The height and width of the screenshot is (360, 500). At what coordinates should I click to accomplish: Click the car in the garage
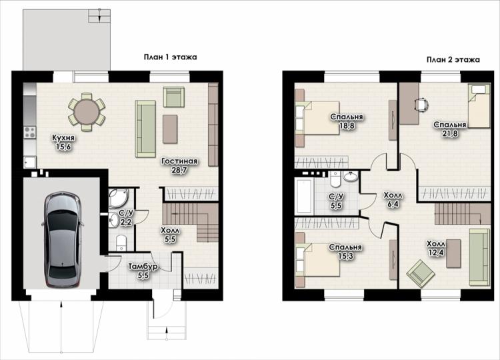(62, 239)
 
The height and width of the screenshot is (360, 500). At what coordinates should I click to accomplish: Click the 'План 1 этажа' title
(170, 57)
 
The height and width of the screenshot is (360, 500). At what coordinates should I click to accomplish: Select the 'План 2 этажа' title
(453, 59)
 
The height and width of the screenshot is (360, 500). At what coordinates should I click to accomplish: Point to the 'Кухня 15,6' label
(63, 143)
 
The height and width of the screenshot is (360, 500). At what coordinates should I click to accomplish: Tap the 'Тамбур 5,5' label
(143, 271)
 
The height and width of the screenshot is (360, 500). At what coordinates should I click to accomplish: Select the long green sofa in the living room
(145, 128)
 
